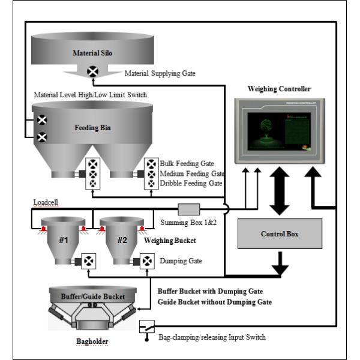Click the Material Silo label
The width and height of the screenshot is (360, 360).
coord(93,53)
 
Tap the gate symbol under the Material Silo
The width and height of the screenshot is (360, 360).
coord(93,72)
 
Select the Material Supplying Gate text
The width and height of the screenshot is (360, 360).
coord(160,73)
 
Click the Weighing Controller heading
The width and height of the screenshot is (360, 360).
coord(279,89)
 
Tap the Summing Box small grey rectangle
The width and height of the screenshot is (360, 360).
coord(189,209)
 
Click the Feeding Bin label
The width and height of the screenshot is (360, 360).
coord(92,128)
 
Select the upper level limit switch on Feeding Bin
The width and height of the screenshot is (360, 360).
coord(42,120)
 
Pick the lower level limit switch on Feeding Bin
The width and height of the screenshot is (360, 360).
coord(42,137)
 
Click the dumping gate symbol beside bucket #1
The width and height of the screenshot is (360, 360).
coord(89,262)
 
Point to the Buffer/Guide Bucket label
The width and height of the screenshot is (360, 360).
coord(93,296)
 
